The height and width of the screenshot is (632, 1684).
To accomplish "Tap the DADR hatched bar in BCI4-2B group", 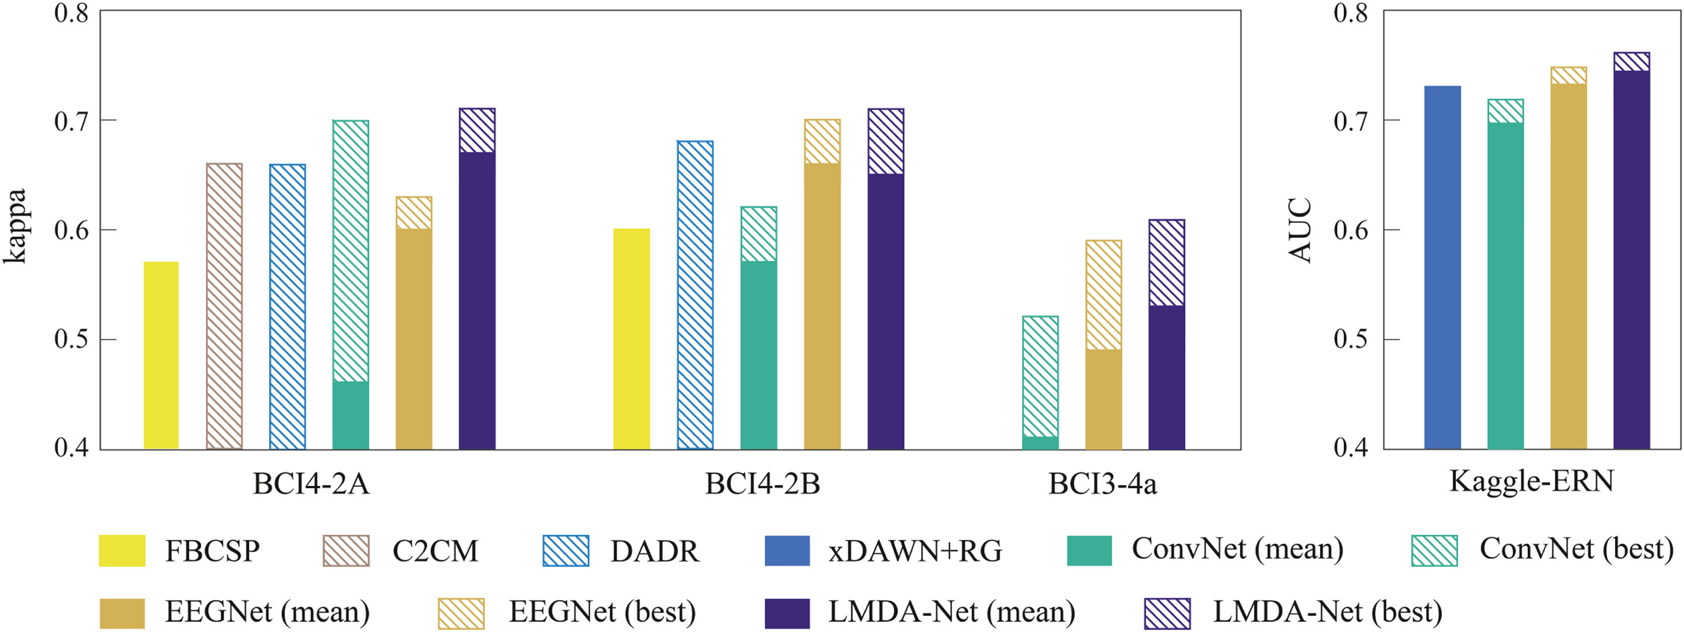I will pyautogui.click(x=695, y=295).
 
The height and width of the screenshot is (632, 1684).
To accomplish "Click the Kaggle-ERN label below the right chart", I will pyautogui.click(x=1531, y=481).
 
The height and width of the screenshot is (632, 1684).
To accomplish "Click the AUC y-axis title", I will pyautogui.click(x=1300, y=230).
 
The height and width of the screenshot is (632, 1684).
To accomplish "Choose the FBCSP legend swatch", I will pyautogui.click(x=122, y=550).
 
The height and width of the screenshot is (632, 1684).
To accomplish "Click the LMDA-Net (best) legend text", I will pyautogui.click(x=1327, y=612).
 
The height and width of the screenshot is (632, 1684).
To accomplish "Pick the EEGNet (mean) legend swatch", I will pyautogui.click(x=122, y=613).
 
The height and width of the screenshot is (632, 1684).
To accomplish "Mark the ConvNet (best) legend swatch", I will pyautogui.click(x=1434, y=550).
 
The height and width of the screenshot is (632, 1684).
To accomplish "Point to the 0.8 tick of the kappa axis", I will pyautogui.click(x=71, y=13).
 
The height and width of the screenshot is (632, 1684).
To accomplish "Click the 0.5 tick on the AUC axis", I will pyautogui.click(x=1351, y=339).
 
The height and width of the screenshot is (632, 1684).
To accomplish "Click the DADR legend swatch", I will pyautogui.click(x=565, y=550).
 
